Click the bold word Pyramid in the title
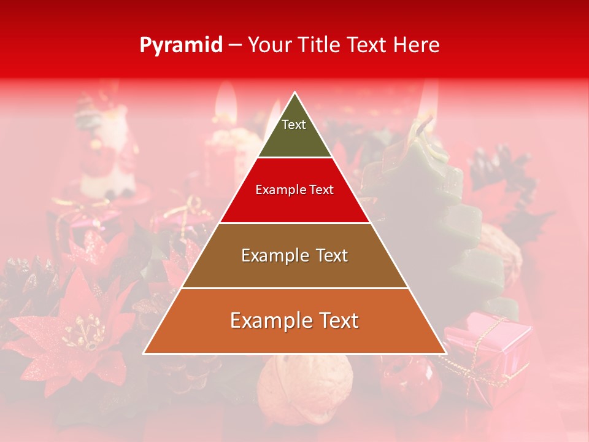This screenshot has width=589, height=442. pos(181,45)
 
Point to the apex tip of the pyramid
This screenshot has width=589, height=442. pos(294,93)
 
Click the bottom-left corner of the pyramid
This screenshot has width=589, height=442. pos(144,353)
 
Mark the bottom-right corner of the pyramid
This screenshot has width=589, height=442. pos(445,353)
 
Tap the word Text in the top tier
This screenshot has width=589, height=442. pos(293,125)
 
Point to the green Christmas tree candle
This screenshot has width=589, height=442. pos(429,203)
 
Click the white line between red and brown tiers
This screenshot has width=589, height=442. pos(294,223)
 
